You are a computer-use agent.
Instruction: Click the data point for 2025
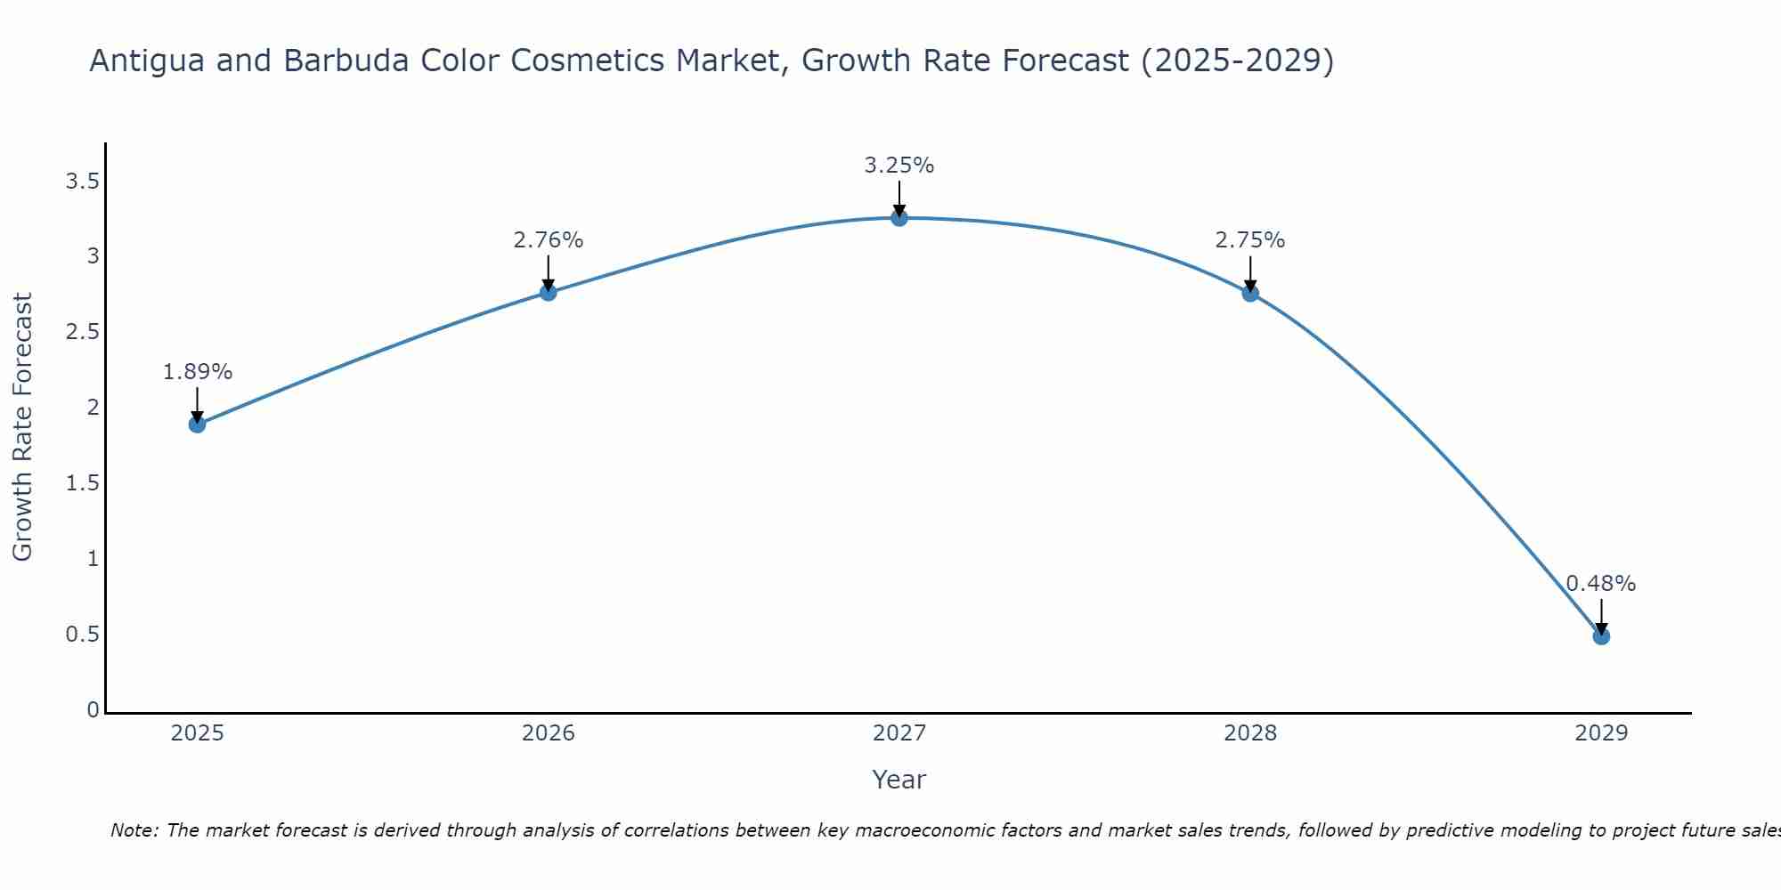[197, 425]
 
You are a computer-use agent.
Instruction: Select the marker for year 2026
[548, 292]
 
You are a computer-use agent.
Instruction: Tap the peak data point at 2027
[899, 218]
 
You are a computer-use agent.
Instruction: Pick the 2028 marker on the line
[1249, 294]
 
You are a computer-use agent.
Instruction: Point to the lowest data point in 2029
[1600, 636]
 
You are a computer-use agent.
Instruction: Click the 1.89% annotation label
[197, 372]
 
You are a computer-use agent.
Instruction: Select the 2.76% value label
[548, 240]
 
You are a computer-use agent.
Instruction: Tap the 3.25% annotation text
[899, 166]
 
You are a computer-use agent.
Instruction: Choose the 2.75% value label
[1249, 240]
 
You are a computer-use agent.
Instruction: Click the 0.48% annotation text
[1600, 584]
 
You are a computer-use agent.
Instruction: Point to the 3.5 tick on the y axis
[82, 182]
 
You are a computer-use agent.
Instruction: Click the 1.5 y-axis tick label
[82, 483]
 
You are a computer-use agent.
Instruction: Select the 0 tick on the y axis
[93, 710]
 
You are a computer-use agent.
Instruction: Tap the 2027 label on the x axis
[899, 733]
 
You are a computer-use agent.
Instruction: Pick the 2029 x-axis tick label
[1600, 733]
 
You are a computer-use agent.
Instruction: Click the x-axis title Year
[899, 780]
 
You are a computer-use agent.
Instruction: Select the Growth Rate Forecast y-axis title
[23, 427]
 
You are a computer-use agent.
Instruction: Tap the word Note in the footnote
[133, 830]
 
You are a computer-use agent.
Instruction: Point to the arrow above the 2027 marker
[899, 198]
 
